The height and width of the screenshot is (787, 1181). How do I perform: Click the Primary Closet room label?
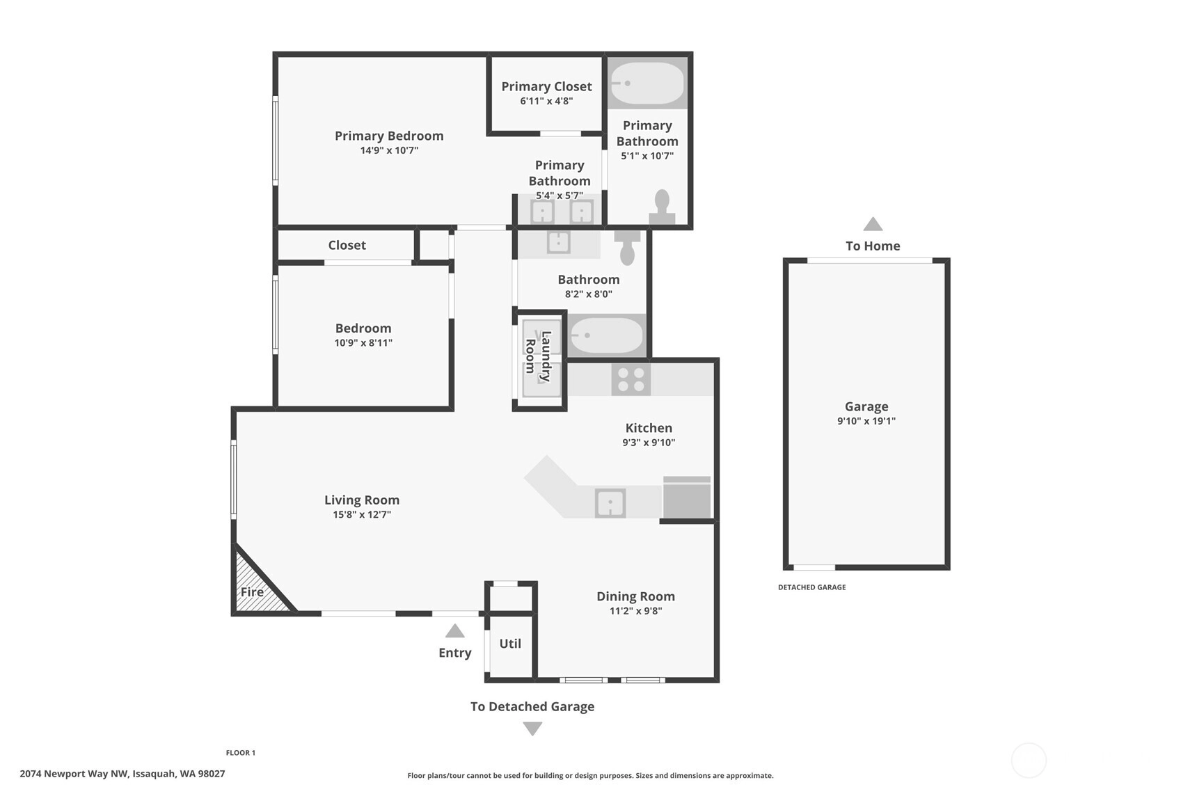(546, 86)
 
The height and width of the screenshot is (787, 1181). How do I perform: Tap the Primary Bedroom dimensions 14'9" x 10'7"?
(389, 150)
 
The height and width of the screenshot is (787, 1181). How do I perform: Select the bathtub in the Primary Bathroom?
(647, 84)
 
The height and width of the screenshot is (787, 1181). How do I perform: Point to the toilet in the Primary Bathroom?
(662, 207)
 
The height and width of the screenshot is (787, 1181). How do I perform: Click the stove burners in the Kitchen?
(631, 379)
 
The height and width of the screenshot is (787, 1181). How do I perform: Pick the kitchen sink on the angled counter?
(610, 503)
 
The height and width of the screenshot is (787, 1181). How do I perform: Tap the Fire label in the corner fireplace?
(252, 592)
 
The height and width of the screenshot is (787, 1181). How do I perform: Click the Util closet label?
(510, 644)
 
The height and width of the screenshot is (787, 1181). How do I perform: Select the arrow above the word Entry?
(454, 631)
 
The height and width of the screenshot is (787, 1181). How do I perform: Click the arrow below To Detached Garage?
(532, 729)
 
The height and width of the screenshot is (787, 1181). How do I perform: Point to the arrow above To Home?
(873, 224)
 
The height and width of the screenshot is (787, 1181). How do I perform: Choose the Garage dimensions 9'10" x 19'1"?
(866, 421)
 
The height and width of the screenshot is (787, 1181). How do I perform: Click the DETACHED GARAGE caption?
(812, 587)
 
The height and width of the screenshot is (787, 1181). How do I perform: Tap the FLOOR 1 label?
(240, 753)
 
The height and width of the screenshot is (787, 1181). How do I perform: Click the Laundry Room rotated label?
(538, 356)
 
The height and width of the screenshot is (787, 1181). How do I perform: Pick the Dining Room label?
(635, 596)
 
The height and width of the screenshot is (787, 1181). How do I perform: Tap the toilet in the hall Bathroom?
(627, 248)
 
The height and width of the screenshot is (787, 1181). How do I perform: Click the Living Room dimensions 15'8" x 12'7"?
(362, 514)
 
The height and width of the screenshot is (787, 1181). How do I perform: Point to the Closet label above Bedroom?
(347, 245)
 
